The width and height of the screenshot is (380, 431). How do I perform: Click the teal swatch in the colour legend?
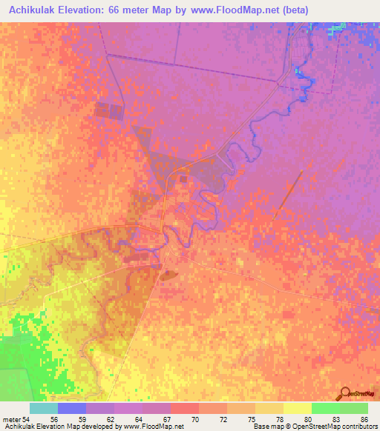[x=44, y=408]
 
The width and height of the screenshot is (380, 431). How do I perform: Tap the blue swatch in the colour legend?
[x=72, y=408]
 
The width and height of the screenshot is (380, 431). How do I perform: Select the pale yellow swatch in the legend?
[x=297, y=408]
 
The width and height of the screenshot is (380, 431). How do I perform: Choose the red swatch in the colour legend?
[x=184, y=408]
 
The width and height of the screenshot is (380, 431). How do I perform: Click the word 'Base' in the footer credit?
[x=260, y=427]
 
